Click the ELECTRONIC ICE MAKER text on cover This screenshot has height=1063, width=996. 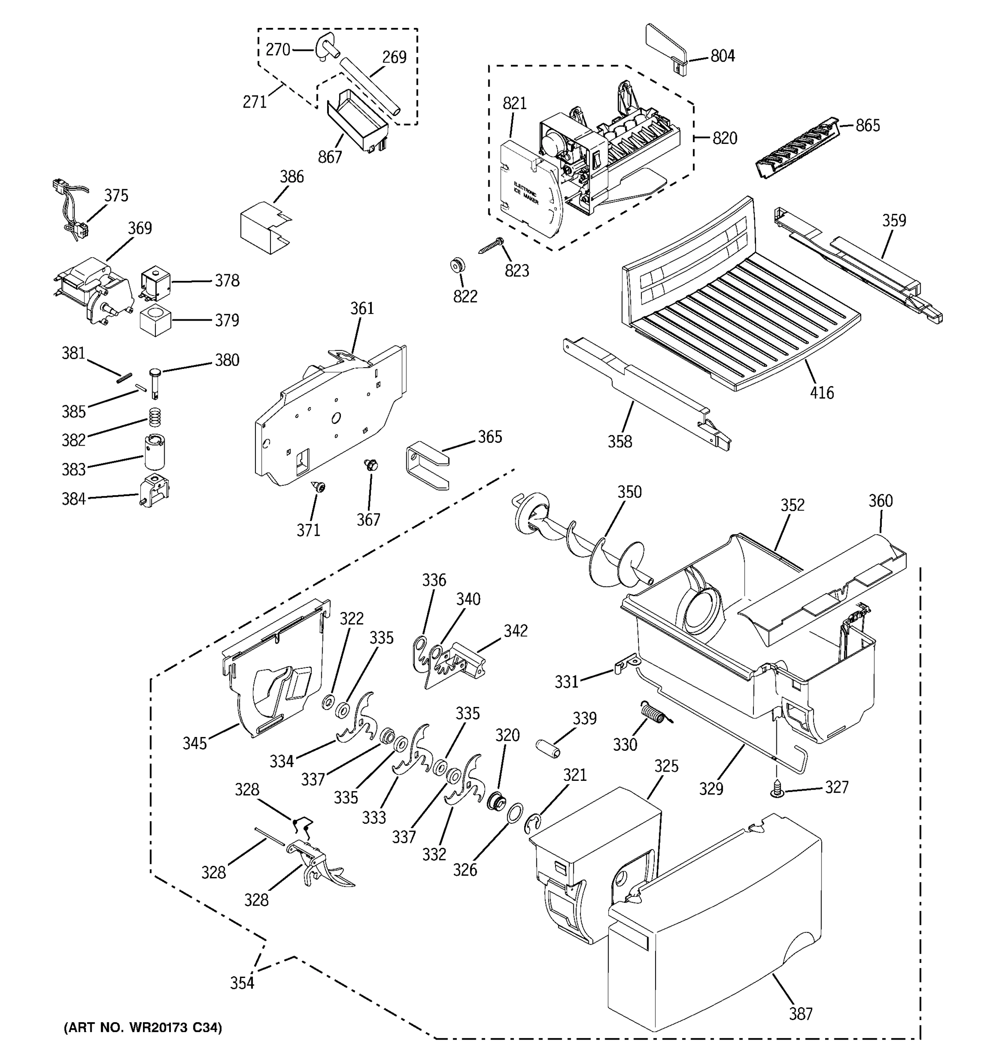(x=526, y=194)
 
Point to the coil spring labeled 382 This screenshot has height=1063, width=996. (x=154, y=417)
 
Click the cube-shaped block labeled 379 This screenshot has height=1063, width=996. (x=155, y=321)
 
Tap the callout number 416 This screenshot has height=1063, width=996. (x=821, y=393)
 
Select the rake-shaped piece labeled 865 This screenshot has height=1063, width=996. (x=795, y=147)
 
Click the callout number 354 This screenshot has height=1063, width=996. (x=242, y=983)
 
